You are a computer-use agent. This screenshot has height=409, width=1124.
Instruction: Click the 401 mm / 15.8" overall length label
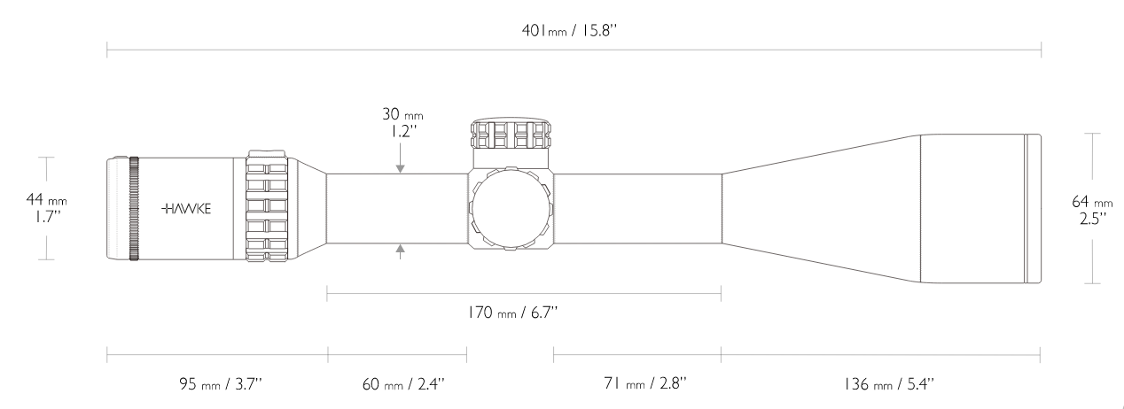tap(569, 31)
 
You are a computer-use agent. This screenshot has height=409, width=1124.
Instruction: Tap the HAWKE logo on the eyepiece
tap(186, 209)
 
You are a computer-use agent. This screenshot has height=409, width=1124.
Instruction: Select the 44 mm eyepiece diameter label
tap(46, 208)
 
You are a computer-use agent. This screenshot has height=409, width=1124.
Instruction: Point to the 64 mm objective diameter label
tap(1092, 210)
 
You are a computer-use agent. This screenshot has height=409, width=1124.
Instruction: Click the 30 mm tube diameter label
tap(402, 122)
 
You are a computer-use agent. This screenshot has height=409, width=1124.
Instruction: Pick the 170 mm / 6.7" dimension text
tap(512, 313)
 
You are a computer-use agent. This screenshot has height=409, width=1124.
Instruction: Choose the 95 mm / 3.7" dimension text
tap(221, 384)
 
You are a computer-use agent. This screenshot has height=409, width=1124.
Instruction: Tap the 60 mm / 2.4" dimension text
tap(403, 384)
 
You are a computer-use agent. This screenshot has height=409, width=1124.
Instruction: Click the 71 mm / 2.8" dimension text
tap(644, 383)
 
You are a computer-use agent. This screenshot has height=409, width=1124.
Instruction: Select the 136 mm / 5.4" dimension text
tap(888, 384)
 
